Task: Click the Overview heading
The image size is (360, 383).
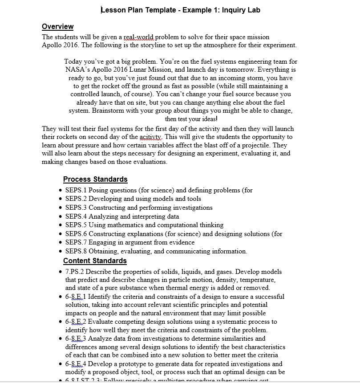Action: tap(57, 26)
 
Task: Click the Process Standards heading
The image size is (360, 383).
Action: tap(95, 179)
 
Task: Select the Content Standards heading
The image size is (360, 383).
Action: tap(95, 261)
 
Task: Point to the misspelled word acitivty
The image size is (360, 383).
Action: tap(150, 137)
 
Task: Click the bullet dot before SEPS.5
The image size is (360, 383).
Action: tap(61, 225)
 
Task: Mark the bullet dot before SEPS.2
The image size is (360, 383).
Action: tap(61, 200)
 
